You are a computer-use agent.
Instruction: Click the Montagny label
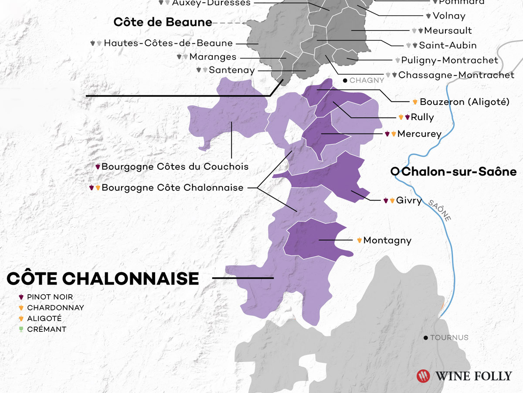387,240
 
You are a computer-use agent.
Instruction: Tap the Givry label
409,200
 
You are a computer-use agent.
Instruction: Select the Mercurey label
419,134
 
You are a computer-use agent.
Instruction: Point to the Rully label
422,117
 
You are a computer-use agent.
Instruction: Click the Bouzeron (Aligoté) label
465,102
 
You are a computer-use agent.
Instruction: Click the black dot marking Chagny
345,80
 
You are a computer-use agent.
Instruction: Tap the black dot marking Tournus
425,338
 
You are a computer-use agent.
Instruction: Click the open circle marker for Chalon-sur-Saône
395,172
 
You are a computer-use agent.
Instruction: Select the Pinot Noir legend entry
50,297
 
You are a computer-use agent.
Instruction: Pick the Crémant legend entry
46,329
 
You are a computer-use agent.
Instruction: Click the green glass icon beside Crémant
21,329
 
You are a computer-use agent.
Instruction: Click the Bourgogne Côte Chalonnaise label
172,188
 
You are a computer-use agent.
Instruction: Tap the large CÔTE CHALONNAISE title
103,278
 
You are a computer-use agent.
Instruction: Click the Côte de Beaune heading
163,22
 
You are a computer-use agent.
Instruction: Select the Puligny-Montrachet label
449,60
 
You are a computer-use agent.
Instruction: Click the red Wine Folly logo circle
423,376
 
